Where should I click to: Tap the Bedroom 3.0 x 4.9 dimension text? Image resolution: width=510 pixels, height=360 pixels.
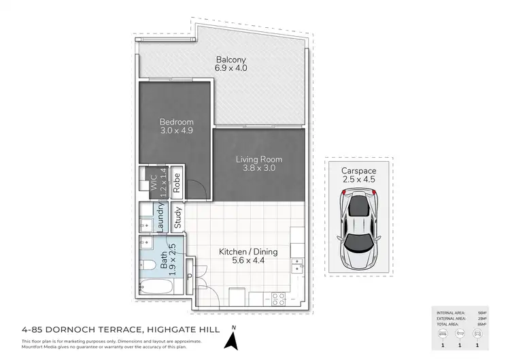click(177, 131)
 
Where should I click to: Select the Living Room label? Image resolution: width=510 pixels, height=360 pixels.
click(259, 159)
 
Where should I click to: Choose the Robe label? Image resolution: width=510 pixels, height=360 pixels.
click(176, 182)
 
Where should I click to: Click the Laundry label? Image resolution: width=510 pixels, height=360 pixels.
click(161, 217)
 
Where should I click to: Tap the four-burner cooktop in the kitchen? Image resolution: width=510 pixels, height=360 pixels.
click(278, 297)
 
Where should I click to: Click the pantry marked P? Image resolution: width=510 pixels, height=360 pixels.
click(189, 278)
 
